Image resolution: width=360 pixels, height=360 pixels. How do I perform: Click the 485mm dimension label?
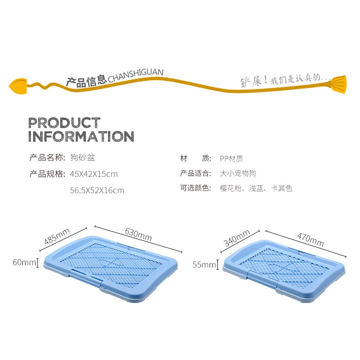pyautogui.click(x=57, y=236)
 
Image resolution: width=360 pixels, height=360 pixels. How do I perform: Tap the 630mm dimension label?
pyautogui.click(x=139, y=234)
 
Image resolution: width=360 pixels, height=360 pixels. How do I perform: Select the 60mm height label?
pyautogui.click(x=24, y=262)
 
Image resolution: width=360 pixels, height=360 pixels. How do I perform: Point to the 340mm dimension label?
pyautogui.click(x=237, y=237)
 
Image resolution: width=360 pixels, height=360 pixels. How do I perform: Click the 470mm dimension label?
pyautogui.click(x=310, y=239)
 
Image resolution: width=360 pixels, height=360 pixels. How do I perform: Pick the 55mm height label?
pyautogui.click(x=204, y=264)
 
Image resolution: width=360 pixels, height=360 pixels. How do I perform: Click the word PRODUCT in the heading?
pyautogui.click(x=64, y=123)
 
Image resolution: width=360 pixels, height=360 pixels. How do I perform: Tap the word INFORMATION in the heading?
pyautogui.click(x=81, y=136)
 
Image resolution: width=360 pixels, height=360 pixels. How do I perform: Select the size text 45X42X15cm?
pyautogui.click(x=94, y=174)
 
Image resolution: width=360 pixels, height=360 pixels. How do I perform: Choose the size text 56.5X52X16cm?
pyautogui.click(x=97, y=190)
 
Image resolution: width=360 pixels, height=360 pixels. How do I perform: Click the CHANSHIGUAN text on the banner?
pyautogui.click(x=136, y=76)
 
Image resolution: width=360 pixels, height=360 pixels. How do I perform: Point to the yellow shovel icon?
pyautogui.click(x=18, y=86)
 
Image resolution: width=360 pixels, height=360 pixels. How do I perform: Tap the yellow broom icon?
pyautogui.click(x=338, y=84)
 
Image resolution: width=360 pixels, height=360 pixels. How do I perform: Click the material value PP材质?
pyautogui.click(x=231, y=159)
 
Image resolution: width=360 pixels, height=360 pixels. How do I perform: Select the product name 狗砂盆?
pyautogui.click(x=82, y=158)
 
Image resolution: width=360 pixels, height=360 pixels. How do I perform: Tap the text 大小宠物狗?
pyautogui.click(x=238, y=173)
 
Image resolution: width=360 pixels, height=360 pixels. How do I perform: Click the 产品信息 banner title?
pyautogui.click(x=86, y=82)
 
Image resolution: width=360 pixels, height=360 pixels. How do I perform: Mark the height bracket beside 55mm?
pyautogui.click(x=217, y=264)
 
